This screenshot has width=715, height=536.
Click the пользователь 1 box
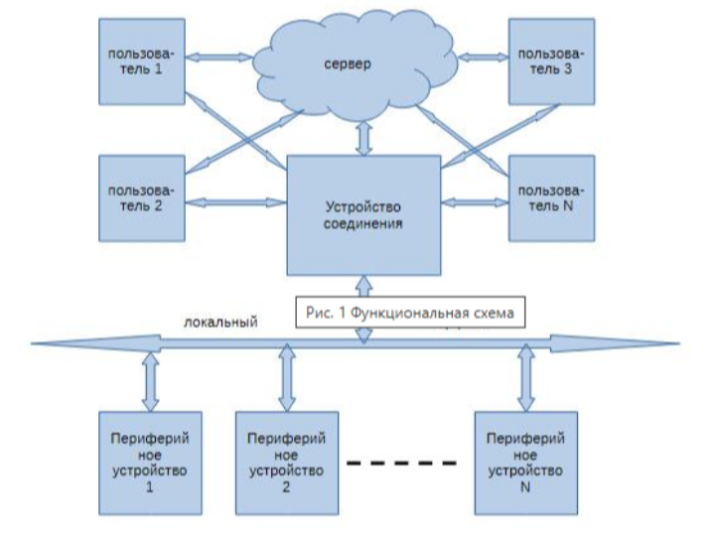[x=141, y=60]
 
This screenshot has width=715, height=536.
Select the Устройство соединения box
[x=363, y=214]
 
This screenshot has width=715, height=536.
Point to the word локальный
[x=220, y=322]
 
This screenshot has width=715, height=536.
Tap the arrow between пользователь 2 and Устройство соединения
[x=235, y=201]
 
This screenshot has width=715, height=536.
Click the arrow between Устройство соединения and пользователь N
[x=474, y=201]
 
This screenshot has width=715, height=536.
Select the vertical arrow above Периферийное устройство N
[x=523, y=380]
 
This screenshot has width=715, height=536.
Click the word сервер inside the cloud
[x=348, y=66]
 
